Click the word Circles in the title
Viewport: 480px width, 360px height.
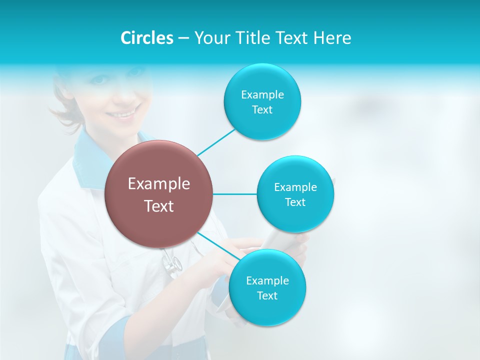click(x=146, y=38)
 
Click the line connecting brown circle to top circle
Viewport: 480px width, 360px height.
click(x=216, y=141)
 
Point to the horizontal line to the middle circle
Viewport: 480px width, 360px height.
click(x=234, y=194)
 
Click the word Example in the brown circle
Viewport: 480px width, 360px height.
click(x=159, y=184)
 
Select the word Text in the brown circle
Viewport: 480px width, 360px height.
click(x=159, y=206)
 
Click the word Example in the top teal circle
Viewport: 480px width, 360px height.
click(x=262, y=95)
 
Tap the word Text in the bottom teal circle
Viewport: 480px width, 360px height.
click(x=267, y=296)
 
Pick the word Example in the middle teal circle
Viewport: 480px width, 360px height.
click(x=295, y=187)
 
